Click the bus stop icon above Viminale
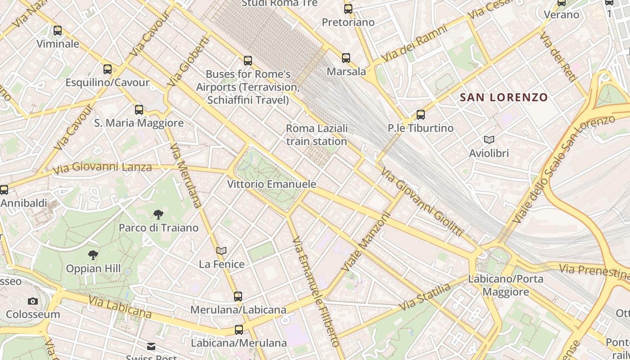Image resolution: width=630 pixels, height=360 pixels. point(58,31)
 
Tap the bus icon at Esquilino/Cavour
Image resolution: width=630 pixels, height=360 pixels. point(108,69)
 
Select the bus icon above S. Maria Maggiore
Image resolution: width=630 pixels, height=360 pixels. point(139,109)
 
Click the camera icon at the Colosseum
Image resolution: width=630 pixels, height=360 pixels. point(33,301)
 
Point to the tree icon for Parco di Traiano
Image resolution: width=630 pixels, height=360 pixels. point(158,214)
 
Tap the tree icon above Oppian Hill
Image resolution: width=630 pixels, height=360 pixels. point(93,255)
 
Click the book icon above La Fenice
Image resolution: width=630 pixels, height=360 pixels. point(221,251)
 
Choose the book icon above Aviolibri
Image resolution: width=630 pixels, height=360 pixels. point(489,140)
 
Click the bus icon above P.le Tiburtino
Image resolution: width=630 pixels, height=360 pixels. point(421,115)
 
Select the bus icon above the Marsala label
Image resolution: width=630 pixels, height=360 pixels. point(346,58)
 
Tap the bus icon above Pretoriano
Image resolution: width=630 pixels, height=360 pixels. point(348,9)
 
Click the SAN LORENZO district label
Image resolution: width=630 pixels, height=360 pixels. point(504,97)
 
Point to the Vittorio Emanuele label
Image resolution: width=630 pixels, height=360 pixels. point(271,184)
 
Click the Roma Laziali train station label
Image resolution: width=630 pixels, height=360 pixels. point(317,135)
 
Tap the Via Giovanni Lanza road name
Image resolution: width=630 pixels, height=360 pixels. point(102,168)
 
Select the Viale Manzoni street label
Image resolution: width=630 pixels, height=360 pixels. point(365,242)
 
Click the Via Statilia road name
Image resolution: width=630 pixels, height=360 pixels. point(425,297)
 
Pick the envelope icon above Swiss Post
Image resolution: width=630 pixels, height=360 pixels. point(151,346)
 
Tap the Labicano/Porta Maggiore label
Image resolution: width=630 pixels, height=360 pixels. point(506,285)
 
